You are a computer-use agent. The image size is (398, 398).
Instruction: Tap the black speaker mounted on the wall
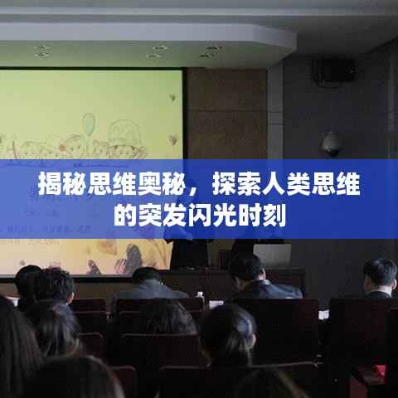[x=333, y=70]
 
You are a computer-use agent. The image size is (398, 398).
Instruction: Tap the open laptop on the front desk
[x=273, y=255]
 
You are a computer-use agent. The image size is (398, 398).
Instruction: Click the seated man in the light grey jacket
[x=148, y=284]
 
